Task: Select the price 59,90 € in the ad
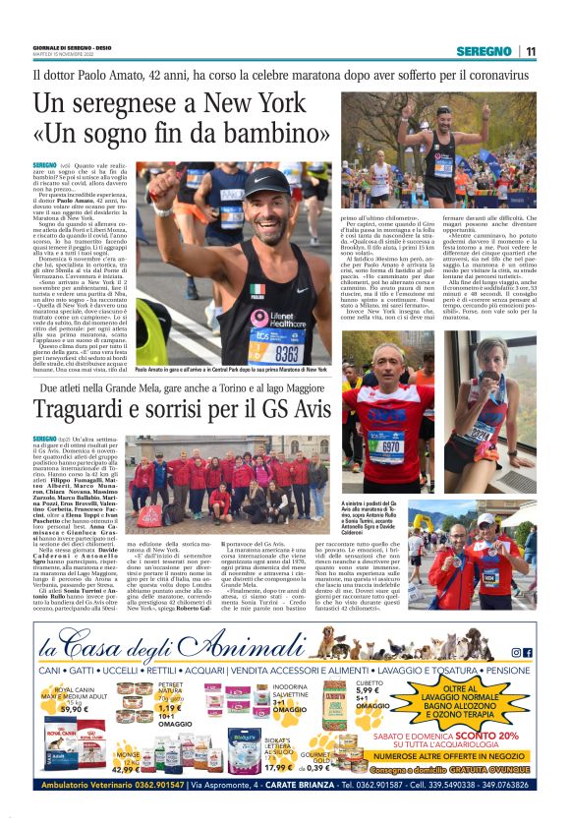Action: pos(75,708)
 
